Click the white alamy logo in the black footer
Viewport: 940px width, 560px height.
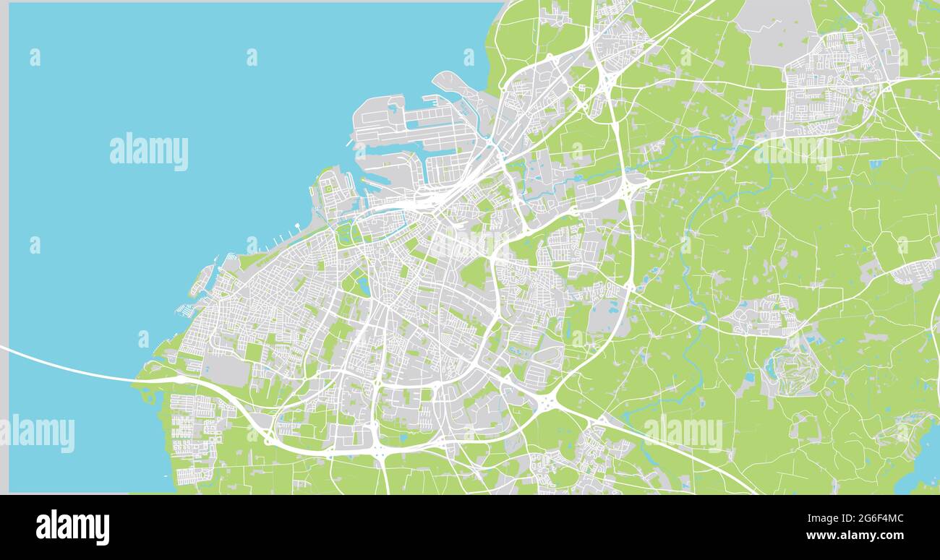click(72, 527)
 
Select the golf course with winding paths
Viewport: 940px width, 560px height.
click(793, 369)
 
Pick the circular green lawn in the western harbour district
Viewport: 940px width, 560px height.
click(329, 189)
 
